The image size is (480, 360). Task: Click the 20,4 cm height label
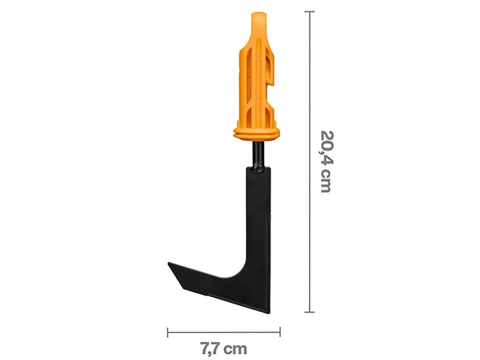click(x=325, y=162)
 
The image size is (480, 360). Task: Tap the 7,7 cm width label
click(x=223, y=348)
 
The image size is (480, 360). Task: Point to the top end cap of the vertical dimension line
click(x=309, y=11)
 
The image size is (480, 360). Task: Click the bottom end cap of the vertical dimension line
click(x=309, y=312)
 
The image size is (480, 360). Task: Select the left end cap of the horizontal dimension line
click(x=168, y=332)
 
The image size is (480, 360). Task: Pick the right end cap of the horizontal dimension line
click(x=280, y=332)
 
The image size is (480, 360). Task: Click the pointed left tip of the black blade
click(x=168, y=263)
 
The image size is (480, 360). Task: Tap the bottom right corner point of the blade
click(x=269, y=313)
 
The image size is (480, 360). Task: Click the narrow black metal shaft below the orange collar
click(x=258, y=154)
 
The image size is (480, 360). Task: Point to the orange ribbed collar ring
click(x=256, y=133)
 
